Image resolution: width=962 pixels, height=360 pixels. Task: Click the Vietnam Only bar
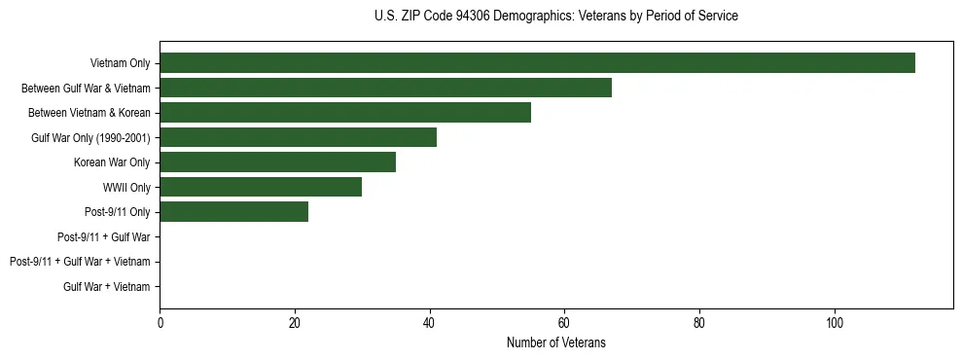(537, 63)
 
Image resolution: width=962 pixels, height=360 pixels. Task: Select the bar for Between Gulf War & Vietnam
(385, 88)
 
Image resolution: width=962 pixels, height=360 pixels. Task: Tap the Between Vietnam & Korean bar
(345, 113)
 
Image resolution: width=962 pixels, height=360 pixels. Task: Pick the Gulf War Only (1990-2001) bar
(298, 137)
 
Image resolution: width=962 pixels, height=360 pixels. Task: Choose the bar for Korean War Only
(277, 162)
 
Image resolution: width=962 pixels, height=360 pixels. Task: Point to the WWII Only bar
(261, 187)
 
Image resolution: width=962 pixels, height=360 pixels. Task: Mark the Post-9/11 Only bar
(233, 212)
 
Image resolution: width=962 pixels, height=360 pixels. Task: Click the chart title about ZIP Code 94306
(555, 17)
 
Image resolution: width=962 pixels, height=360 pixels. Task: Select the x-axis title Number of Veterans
(555, 342)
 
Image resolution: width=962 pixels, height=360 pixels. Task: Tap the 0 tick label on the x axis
(160, 323)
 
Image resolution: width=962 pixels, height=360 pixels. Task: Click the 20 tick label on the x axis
(295, 323)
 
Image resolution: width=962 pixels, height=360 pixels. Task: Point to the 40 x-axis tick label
(429, 323)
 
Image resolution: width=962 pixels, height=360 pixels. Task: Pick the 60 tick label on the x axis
(564, 323)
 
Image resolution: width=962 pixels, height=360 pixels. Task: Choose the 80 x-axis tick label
(699, 323)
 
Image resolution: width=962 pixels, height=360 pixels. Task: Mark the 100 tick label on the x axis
(834, 323)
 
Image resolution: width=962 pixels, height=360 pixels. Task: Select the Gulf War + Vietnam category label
(107, 287)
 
